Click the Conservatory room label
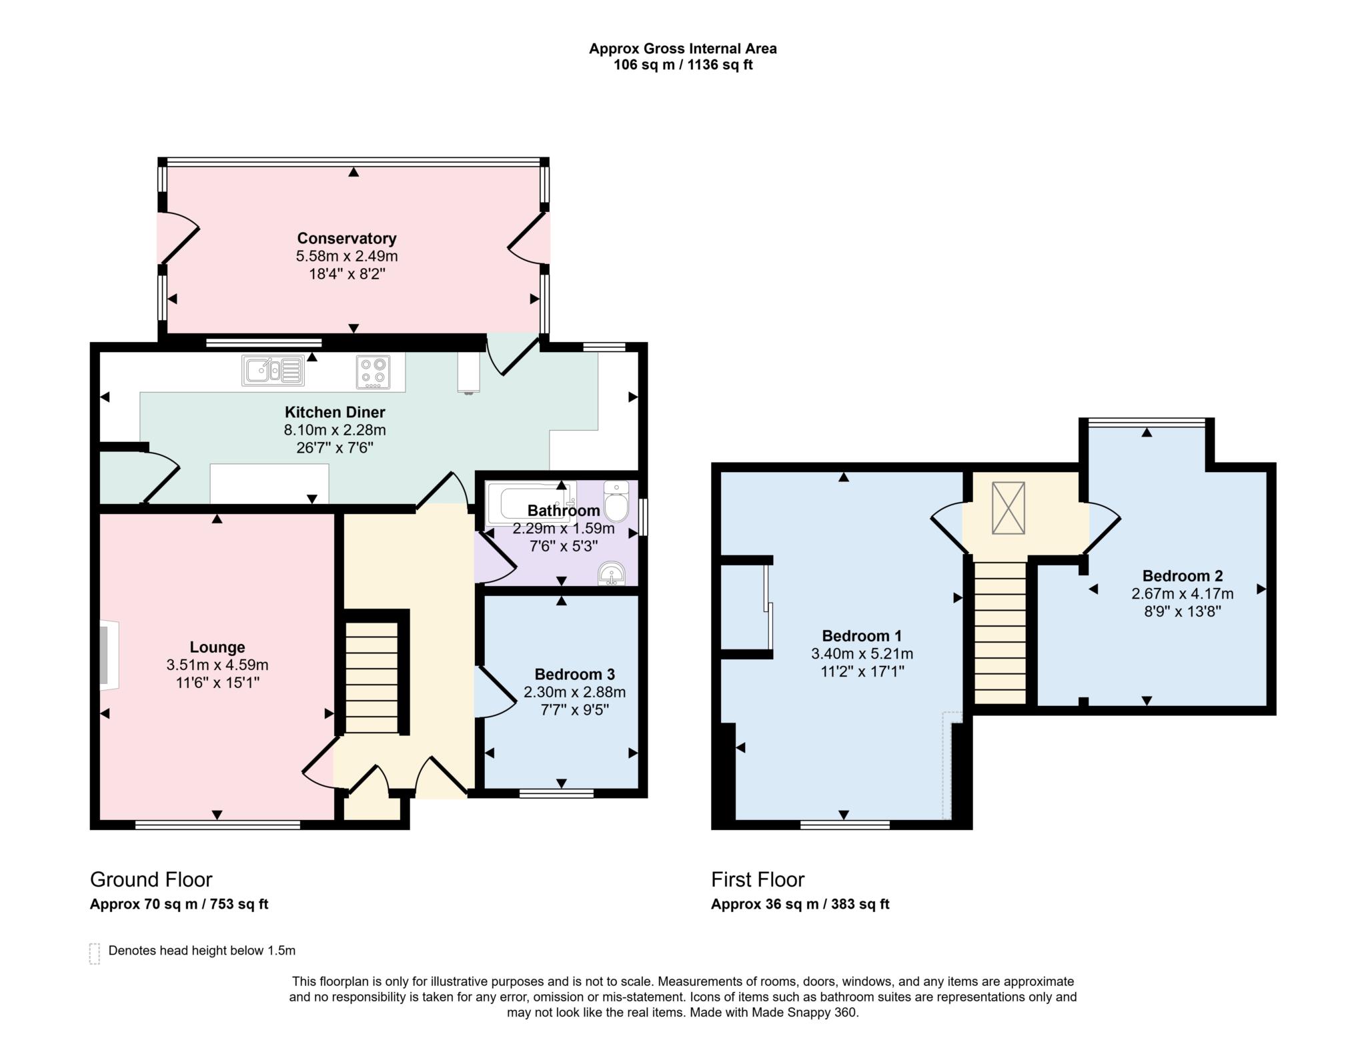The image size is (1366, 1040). pyautogui.click(x=346, y=238)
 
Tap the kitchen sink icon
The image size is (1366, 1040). pyautogui.click(x=273, y=370)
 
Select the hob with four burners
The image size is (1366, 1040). pyautogui.click(x=373, y=371)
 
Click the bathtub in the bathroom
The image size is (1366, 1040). pyautogui.click(x=527, y=504)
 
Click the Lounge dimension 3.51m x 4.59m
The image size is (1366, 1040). pyautogui.click(x=217, y=665)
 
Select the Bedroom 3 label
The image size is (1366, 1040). pyautogui.click(x=574, y=674)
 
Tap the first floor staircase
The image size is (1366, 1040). pyautogui.click(x=999, y=633)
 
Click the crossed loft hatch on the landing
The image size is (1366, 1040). pyautogui.click(x=1008, y=508)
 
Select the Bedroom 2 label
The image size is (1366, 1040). pyautogui.click(x=1182, y=575)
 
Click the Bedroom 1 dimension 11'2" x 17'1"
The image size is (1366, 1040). pyautogui.click(x=862, y=671)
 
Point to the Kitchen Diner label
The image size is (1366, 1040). pyautogui.click(x=335, y=412)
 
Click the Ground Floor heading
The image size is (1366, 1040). pyautogui.click(x=151, y=879)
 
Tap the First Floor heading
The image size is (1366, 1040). pyautogui.click(x=758, y=879)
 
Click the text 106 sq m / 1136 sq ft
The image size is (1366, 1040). pyautogui.click(x=682, y=65)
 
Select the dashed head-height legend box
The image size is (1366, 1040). pyautogui.click(x=95, y=953)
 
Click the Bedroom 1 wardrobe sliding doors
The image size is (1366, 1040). pyautogui.click(x=768, y=607)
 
